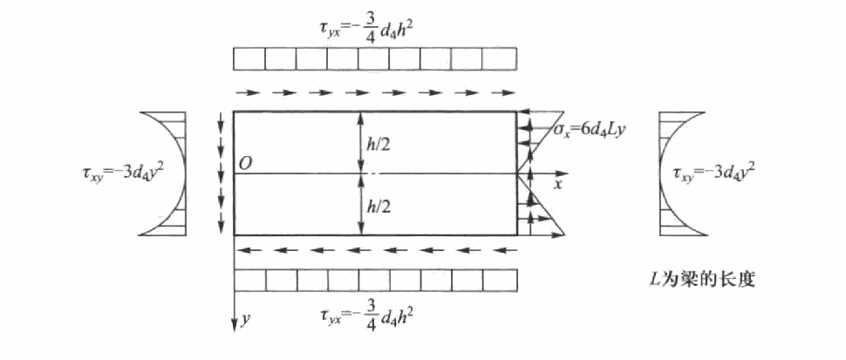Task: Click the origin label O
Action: (245, 163)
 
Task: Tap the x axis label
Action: (558, 184)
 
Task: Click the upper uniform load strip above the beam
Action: (375, 58)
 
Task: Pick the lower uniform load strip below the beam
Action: (375, 280)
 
